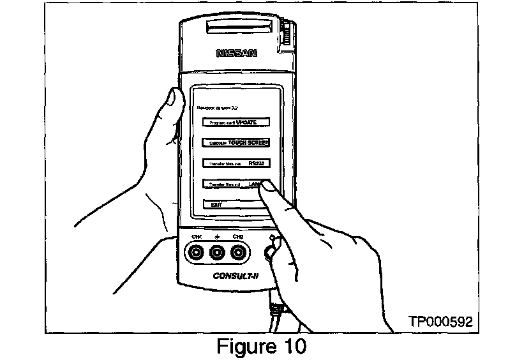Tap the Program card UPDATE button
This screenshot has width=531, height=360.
tap(232, 122)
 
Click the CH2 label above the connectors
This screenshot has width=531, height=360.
tap(238, 237)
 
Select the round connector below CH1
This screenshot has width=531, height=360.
tap(197, 253)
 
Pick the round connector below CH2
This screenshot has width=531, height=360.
tap(239, 253)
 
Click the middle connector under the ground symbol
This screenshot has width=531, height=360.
tap(218, 253)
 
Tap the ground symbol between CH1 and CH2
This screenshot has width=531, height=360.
tap(218, 237)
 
